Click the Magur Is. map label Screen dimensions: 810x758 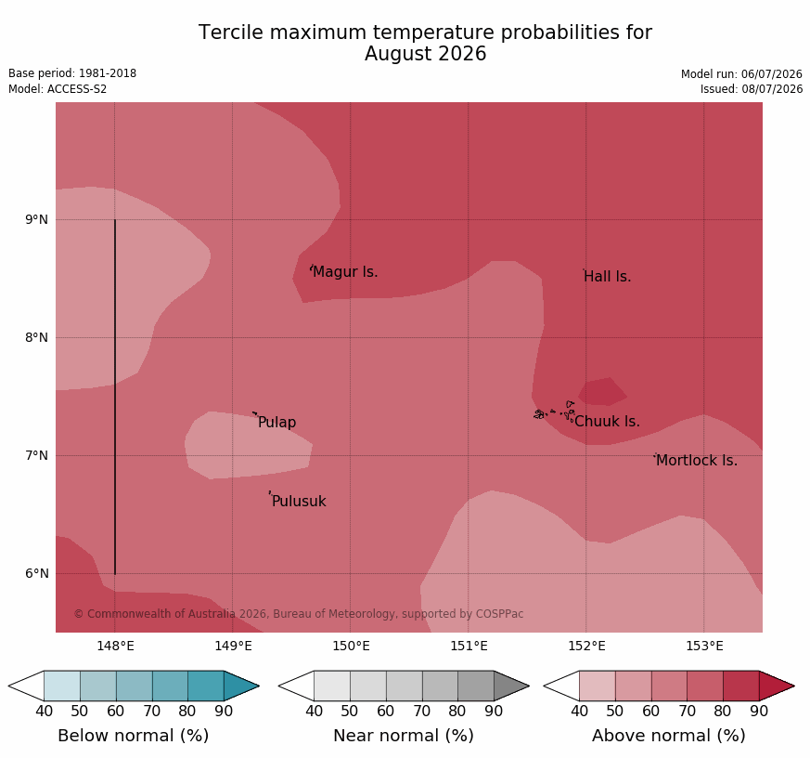point(345,272)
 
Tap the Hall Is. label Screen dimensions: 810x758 point(608,277)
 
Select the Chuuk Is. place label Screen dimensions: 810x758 point(607,422)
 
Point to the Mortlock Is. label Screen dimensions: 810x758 point(697,460)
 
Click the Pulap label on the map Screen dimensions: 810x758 point(276,423)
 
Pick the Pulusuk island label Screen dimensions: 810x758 point(299,501)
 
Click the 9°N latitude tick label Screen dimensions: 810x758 point(37,220)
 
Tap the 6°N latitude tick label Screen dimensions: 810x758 point(37,573)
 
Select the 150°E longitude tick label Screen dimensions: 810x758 point(352,646)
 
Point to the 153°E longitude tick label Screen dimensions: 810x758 point(704,646)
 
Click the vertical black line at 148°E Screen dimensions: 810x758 point(115,397)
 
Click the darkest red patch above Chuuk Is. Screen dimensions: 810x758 point(602,391)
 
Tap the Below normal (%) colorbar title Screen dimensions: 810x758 point(134,736)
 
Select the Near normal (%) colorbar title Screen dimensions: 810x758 point(404,736)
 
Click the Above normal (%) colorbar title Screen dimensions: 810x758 point(668,736)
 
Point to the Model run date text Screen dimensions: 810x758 point(742,74)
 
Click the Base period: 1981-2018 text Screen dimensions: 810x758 point(72,73)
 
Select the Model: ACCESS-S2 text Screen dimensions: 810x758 point(58,89)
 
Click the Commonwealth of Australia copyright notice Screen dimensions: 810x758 point(299,614)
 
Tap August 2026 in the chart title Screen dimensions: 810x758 point(426,54)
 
